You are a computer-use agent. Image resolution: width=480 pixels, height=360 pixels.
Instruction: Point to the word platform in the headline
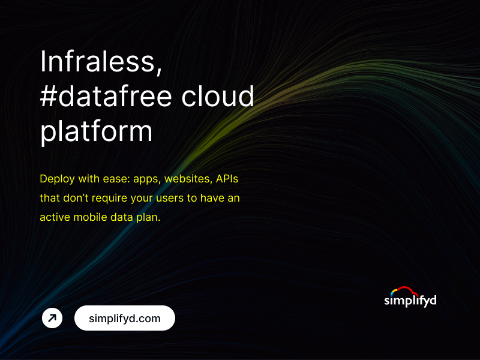pyautogui.click(x=96, y=131)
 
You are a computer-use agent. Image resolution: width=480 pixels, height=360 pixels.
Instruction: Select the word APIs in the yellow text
pyautogui.click(x=227, y=179)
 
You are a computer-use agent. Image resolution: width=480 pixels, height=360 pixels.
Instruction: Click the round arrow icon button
pyautogui.click(x=52, y=318)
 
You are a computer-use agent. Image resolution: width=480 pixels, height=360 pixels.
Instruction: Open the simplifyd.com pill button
pyautogui.click(x=125, y=319)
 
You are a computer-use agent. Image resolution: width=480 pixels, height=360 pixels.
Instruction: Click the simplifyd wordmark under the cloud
pyautogui.click(x=410, y=300)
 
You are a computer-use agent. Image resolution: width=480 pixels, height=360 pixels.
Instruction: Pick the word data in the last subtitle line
pyautogui.click(x=128, y=217)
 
